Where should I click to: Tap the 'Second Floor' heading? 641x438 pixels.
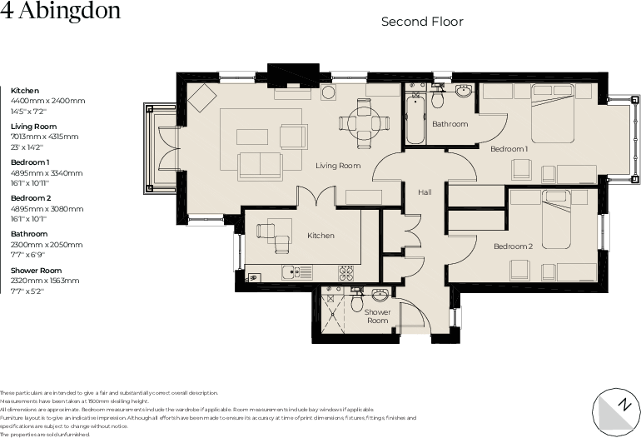click(422, 22)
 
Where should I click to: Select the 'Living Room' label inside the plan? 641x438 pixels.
click(338, 166)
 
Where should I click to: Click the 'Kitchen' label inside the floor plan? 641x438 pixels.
click(320, 236)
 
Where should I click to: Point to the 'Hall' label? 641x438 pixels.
click(425, 192)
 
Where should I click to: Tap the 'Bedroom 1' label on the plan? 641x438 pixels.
click(509, 149)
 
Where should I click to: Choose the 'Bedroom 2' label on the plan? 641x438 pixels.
click(513, 246)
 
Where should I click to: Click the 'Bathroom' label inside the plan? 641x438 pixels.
click(450, 124)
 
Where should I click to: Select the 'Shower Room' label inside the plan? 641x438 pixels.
click(378, 316)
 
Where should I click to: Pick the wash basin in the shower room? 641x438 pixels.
click(380, 295)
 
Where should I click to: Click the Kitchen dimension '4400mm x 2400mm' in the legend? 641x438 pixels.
click(47, 100)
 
